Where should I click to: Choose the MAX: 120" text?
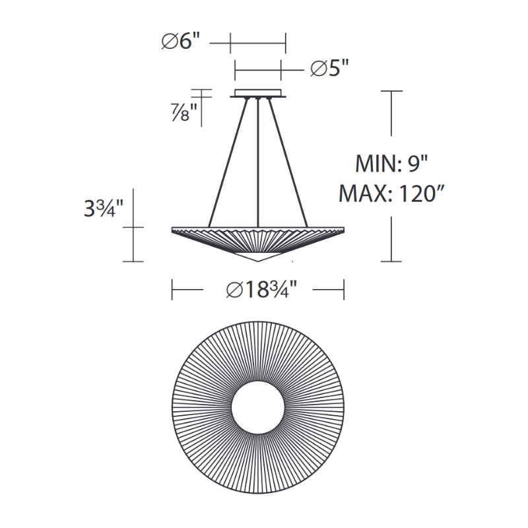coord(392,193)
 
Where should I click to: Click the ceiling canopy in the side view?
coord(258,93)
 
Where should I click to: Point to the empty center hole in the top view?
coord(258,407)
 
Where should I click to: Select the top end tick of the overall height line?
coord(392,91)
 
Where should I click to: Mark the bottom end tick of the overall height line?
coord(392,261)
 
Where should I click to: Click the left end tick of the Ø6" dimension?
coord(230,44)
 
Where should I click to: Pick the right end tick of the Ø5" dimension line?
coord(281,69)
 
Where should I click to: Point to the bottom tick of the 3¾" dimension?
coord(134,261)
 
